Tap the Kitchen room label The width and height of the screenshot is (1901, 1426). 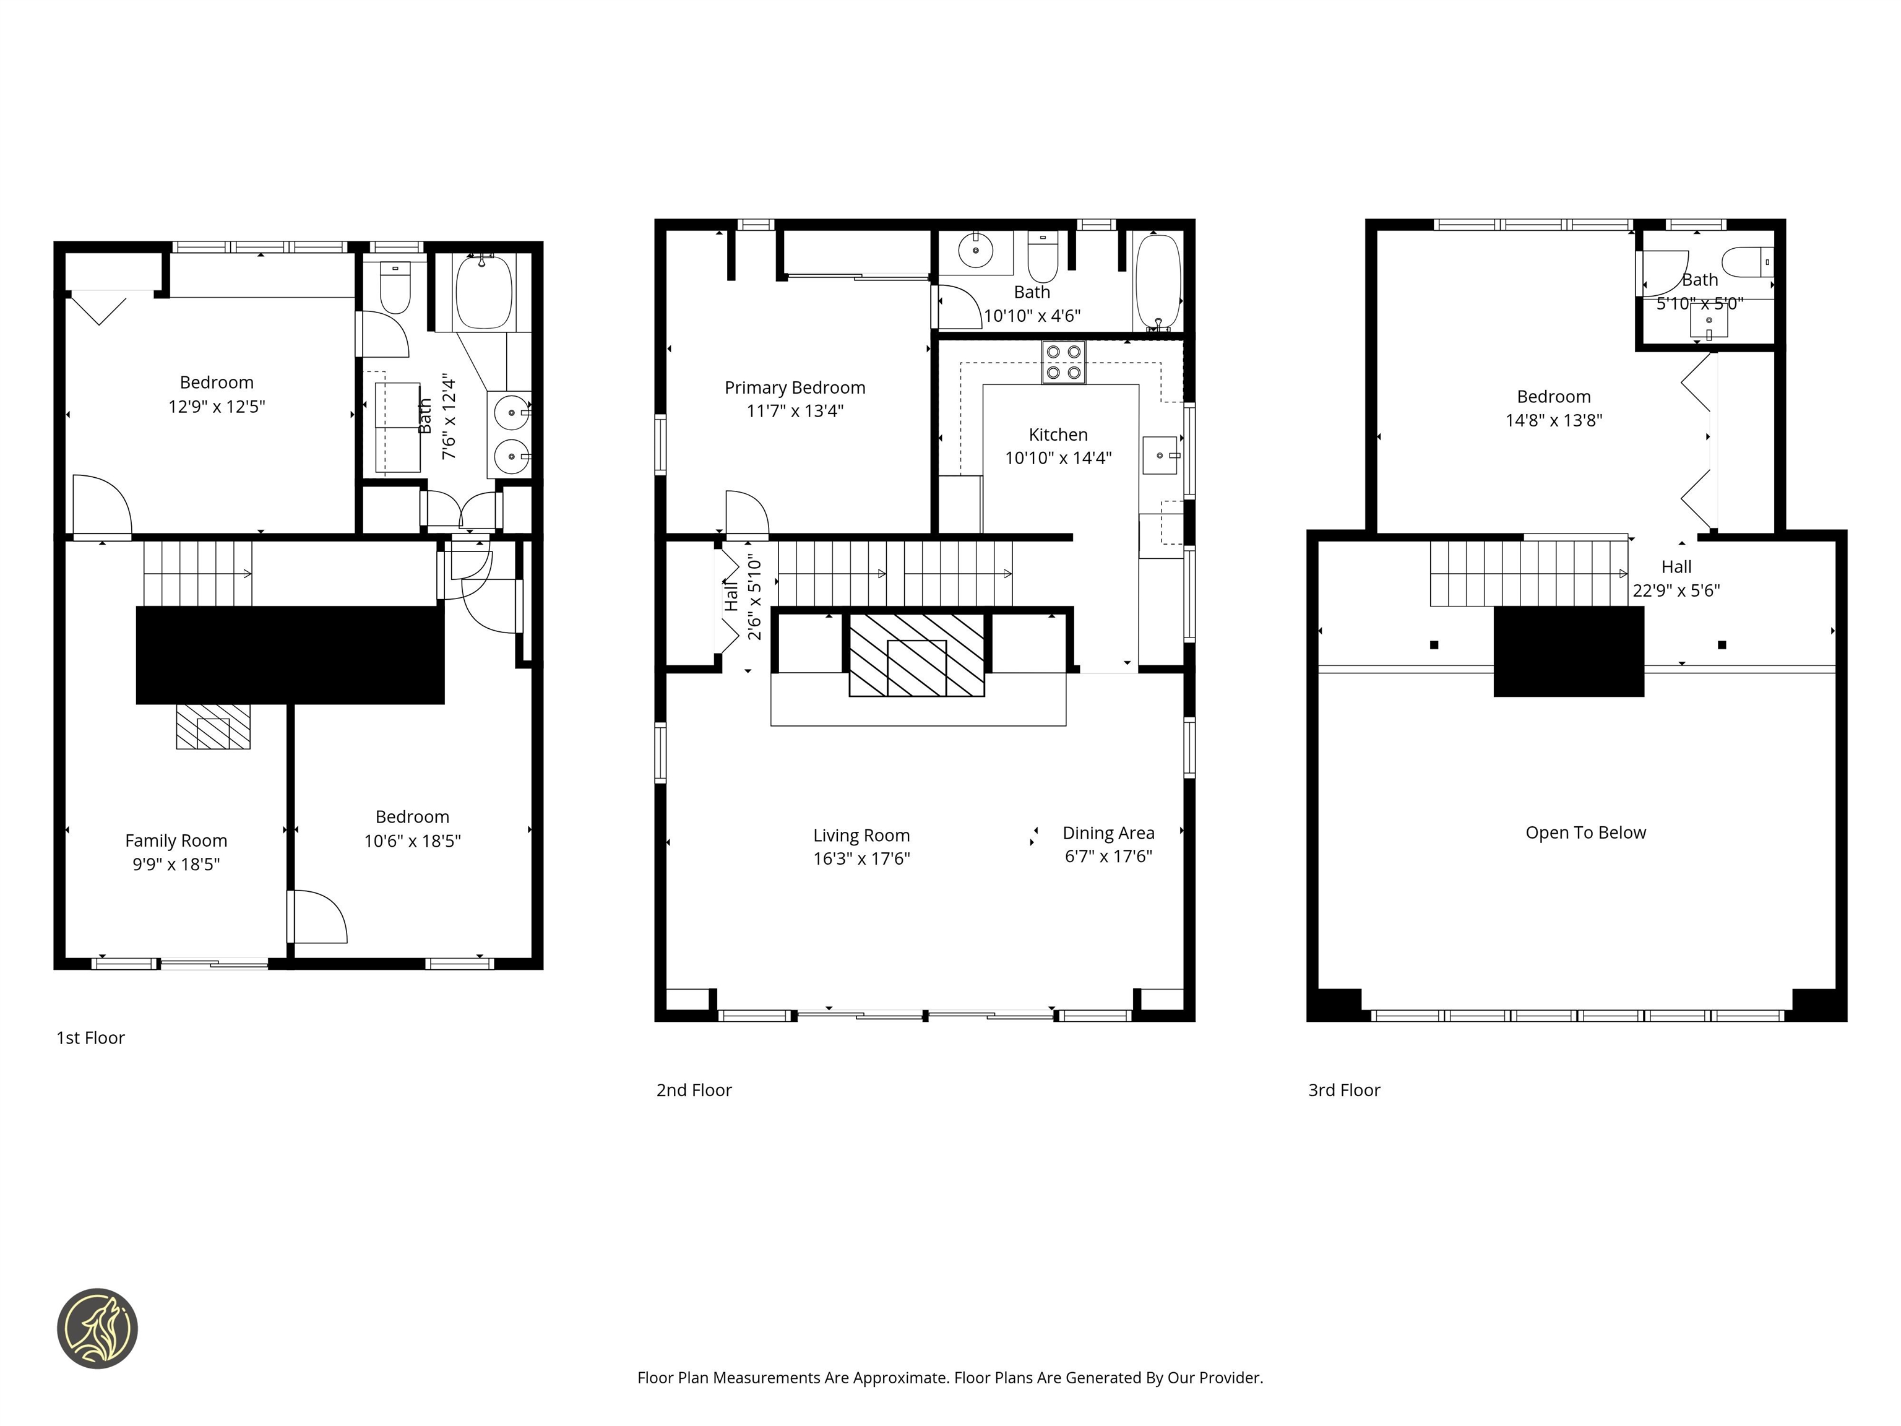pos(1058,435)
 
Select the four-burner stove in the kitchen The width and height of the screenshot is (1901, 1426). pos(1063,362)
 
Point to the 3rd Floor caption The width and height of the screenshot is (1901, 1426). pos(1343,1090)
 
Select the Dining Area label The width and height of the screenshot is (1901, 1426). pos(1108,833)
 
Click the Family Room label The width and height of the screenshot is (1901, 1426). pos(176,840)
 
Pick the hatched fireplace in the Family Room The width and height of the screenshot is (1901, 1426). pos(213,727)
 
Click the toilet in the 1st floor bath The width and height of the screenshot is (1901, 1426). pos(395,289)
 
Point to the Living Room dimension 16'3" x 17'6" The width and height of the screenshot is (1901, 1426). pos(861,858)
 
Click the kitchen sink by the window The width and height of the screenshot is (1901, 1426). pos(1159,456)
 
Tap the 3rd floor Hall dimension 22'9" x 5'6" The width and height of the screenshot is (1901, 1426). pos(1676,590)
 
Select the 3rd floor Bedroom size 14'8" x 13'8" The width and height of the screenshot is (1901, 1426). pos(1553,420)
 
